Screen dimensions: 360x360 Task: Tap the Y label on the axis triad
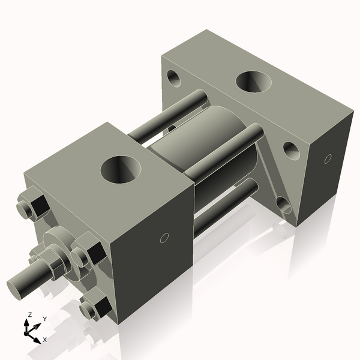(x=44, y=319)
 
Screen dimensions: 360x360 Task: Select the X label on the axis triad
(x=45, y=340)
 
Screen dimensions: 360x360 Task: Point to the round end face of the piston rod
(x=17, y=286)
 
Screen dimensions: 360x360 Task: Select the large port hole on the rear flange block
(x=254, y=82)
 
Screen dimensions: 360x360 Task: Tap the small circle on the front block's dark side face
(x=163, y=238)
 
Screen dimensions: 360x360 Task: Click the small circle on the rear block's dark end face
(x=327, y=159)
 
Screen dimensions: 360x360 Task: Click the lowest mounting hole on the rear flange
(x=284, y=206)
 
